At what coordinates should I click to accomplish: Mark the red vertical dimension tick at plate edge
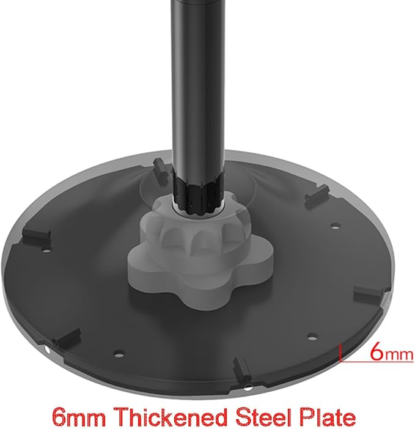pyautogui.click(x=340, y=353)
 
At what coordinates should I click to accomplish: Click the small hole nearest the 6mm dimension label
pyautogui.click(x=312, y=336)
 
